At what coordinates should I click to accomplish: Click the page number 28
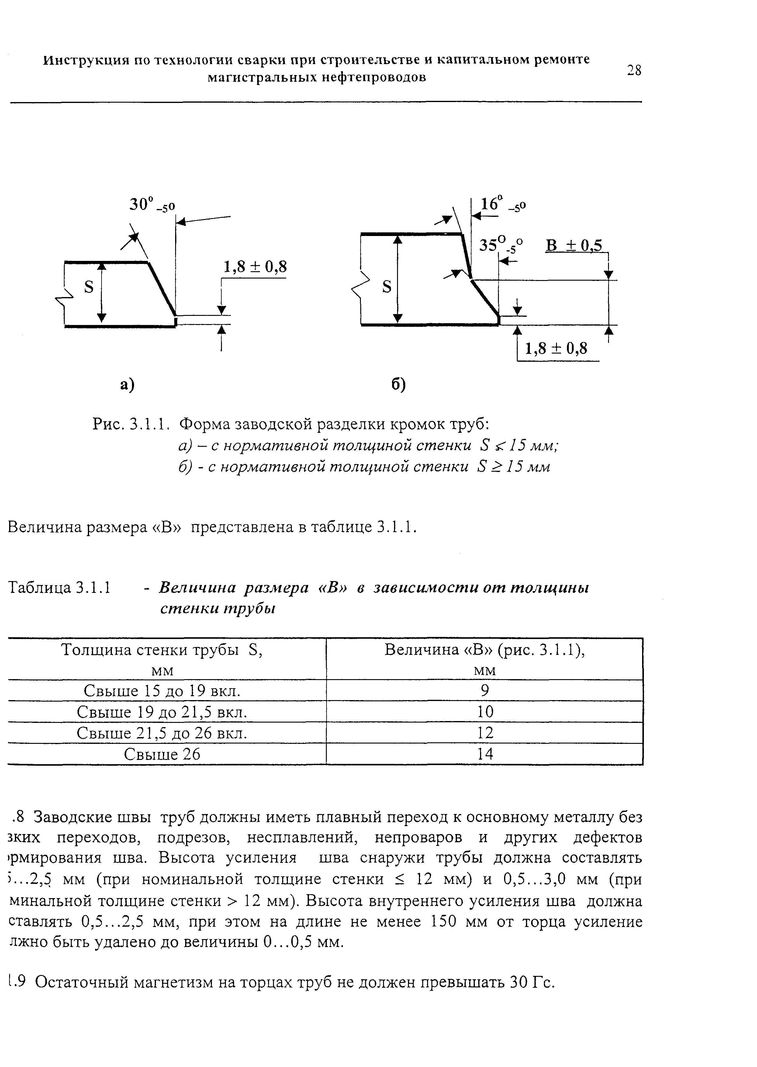point(634,70)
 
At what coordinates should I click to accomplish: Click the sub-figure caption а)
point(127,385)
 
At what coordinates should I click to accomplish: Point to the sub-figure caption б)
point(399,385)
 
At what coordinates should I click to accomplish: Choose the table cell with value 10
point(485,712)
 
